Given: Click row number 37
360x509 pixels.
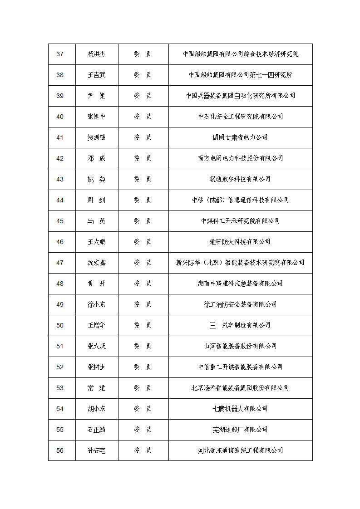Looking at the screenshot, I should point(60,54).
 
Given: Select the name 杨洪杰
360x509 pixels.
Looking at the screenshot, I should point(96,54).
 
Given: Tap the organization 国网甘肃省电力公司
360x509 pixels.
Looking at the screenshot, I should point(240,137).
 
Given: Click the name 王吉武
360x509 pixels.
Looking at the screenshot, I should point(96,75).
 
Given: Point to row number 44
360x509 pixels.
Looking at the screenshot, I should point(60,200).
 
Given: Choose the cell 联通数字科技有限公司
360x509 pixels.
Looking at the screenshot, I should point(240,179).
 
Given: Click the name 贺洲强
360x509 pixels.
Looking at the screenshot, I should point(96,137).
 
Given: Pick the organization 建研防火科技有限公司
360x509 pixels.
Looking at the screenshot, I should point(240,242).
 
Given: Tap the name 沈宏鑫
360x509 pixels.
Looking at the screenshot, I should point(96,263).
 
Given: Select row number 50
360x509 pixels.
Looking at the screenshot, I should point(60,325).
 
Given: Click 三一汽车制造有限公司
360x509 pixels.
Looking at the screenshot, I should point(240,325).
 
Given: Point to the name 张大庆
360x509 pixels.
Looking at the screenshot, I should point(96,346).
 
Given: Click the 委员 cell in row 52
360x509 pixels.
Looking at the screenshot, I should point(143,367).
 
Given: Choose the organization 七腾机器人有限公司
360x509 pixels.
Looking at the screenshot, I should point(240,409).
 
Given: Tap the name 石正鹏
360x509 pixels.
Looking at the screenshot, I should point(96,430).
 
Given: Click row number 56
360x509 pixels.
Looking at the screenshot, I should point(60,450).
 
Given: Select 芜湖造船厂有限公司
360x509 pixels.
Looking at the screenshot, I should point(240,430).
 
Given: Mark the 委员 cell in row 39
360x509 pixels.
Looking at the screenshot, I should point(143,96).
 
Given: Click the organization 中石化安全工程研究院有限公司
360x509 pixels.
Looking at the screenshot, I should point(240,117).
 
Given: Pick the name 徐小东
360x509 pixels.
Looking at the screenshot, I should point(96,304).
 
